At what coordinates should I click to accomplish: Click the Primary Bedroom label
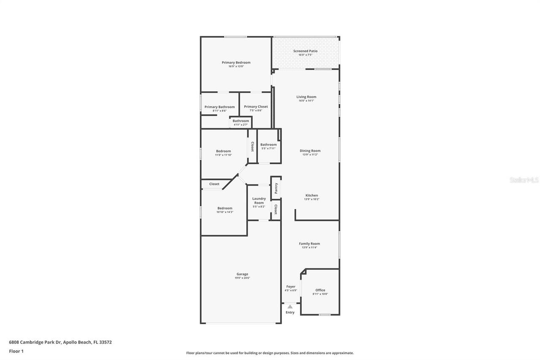click(236, 62)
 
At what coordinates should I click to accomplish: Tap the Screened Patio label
click(305, 51)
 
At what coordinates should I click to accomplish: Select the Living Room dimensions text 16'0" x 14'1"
click(306, 101)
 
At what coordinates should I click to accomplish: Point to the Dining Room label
click(310, 151)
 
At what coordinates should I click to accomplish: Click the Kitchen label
click(312, 195)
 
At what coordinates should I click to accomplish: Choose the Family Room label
click(309, 244)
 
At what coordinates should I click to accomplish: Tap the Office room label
click(320, 290)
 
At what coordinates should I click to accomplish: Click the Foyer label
click(291, 287)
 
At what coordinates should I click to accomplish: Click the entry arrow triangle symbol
click(290, 307)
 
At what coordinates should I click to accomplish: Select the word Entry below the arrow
click(290, 312)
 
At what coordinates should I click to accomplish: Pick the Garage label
click(242, 274)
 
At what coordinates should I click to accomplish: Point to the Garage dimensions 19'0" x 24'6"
click(242, 278)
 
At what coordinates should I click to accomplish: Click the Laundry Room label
click(259, 200)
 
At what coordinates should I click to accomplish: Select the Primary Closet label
click(256, 107)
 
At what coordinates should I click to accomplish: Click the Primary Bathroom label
click(219, 107)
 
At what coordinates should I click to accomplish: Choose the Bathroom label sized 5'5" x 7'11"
click(268, 145)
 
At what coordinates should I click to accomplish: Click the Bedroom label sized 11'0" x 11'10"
click(223, 151)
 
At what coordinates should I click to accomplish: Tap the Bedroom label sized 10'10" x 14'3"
click(225, 208)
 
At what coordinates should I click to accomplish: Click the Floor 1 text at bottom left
click(16, 351)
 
